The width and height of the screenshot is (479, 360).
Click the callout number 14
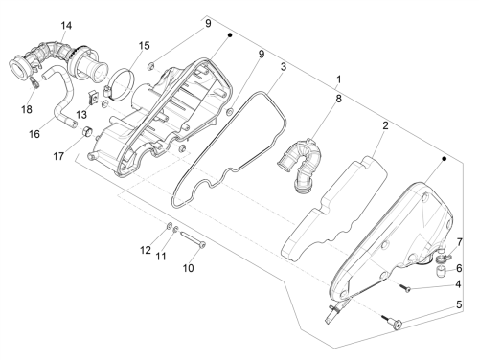(66, 26)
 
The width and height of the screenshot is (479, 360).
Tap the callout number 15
(144, 46)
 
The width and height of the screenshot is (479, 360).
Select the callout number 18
(27, 109)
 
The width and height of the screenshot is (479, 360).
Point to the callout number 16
(34, 134)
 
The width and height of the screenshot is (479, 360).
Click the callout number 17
(58, 156)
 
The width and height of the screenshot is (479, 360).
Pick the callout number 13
(81, 115)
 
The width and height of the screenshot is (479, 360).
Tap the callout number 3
(284, 67)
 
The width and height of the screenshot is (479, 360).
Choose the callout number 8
(338, 99)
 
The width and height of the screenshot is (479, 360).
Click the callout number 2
(385, 125)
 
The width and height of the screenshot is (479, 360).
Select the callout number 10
(188, 268)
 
